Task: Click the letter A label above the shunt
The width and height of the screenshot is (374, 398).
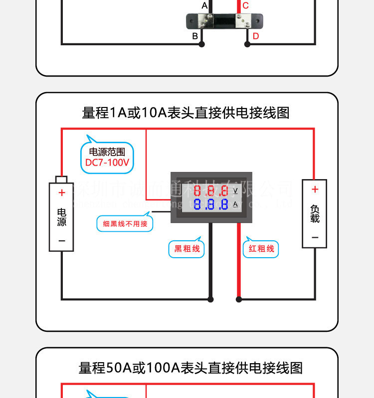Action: (x=204, y=6)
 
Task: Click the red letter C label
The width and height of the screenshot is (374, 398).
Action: (x=245, y=6)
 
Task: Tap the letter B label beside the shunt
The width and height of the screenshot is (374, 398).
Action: (x=195, y=36)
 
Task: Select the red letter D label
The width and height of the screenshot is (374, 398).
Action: (x=256, y=36)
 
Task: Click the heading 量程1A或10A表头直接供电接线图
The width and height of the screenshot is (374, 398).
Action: (x=186, y=113)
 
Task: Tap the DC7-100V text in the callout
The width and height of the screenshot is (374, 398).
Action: (x=107, y=163)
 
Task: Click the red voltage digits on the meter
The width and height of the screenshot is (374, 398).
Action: (x=211, y=191)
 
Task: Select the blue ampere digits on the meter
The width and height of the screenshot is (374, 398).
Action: (x=211, y=204)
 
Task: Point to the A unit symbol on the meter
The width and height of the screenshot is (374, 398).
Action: (x=235, y=204)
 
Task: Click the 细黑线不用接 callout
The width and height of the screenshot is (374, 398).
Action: (x=125, y=224)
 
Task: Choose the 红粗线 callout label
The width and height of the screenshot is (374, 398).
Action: (x=261, y=249)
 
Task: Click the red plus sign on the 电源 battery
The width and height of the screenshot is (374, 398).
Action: (x=62, y=193)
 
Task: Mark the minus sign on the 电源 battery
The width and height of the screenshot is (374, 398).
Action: (x=62, y=240)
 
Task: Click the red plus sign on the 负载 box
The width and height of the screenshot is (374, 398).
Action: (x=315, y=189)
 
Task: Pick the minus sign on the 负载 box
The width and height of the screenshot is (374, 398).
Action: (x=315, y=237)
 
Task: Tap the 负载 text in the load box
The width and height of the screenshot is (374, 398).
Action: (x=315, y=213)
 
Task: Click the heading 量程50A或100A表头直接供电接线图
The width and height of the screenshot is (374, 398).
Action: (x=191, y=368)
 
